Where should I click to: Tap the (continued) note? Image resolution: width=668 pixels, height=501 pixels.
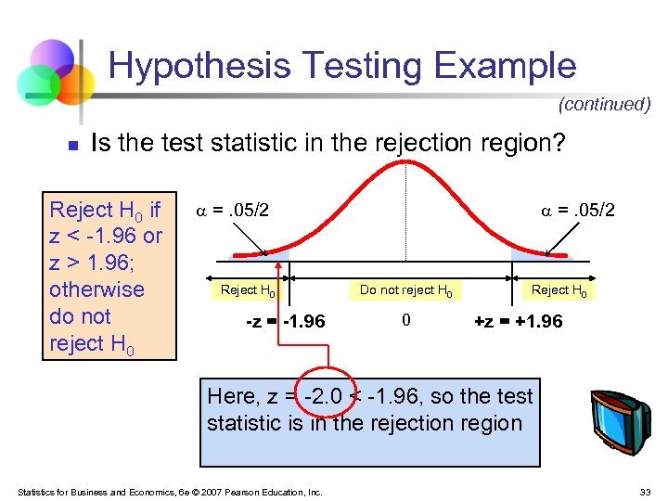pyautogui.click(x=604, y=104)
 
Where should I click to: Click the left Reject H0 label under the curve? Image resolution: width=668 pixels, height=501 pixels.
pyautogui.click(x=247, y=290)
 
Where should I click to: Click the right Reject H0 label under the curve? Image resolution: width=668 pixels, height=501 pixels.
pyautogui.click(x=558, y=290)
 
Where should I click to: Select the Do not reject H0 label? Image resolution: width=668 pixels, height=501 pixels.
pyautogui.click(x=405, y=290)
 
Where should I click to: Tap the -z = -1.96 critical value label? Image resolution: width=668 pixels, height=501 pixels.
pyautogui.click(x=285, y=322)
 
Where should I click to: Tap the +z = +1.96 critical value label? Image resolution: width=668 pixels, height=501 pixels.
pyautogui.click(x=518, y=322)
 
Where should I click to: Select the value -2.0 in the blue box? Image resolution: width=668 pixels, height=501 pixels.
pyautogui.click(x=325, y=396)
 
